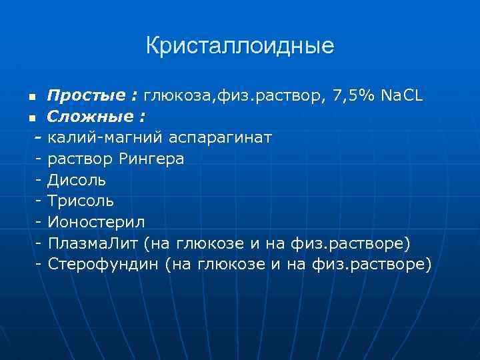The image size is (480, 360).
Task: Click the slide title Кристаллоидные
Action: (x=240, y=46)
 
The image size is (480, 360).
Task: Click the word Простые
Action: (x=73, y=96)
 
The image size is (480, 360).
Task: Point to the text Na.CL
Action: (x=401, y=96)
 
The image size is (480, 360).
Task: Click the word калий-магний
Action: (x=99, y=138)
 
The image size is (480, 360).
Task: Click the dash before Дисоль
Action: (x=41, y=180)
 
